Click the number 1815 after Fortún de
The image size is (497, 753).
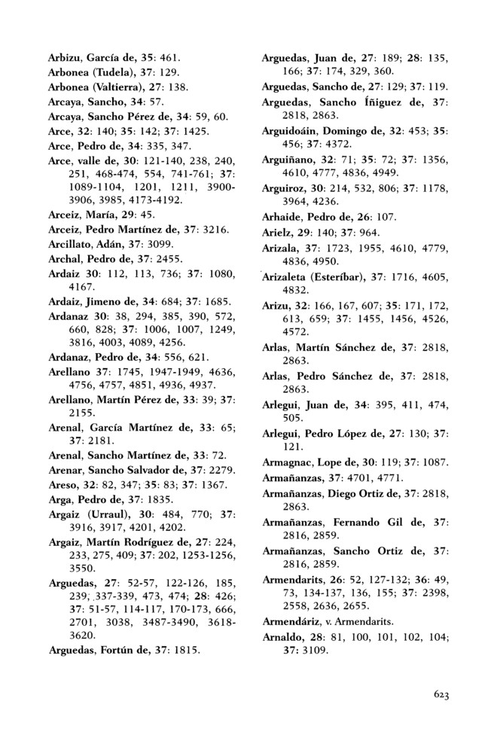coord(187,648)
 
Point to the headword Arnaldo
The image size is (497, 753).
coord(281,637)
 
